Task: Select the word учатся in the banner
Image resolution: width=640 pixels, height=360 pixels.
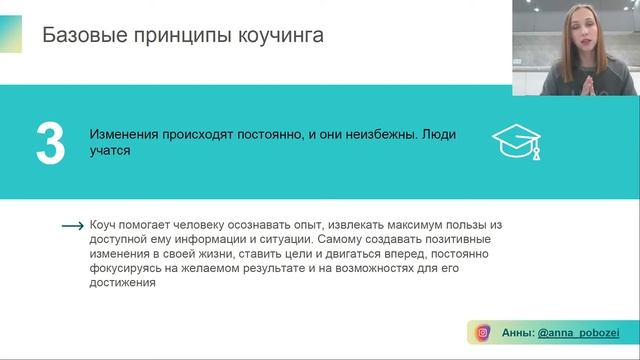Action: [110, 152]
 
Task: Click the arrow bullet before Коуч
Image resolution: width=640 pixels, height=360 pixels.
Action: [73, 227]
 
